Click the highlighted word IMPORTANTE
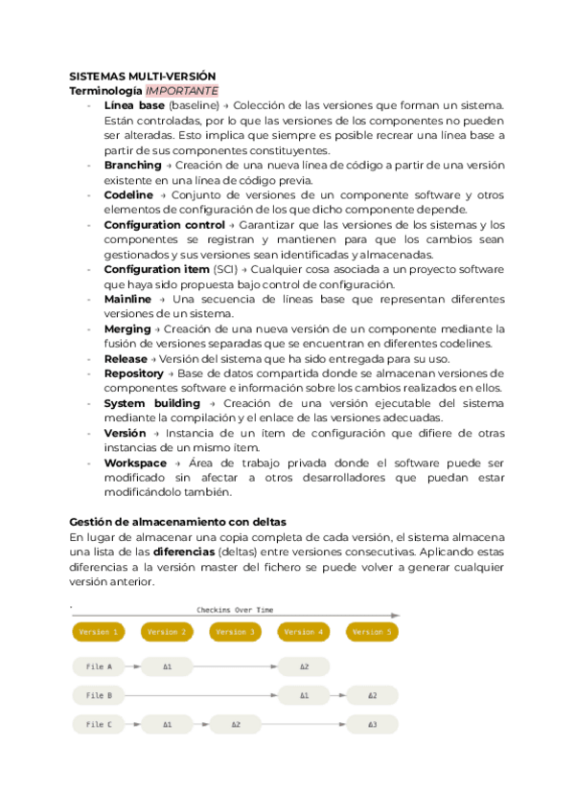tap(189, 90)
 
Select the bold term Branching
tap(132, 165)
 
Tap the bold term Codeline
tap(128, 194)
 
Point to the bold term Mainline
tap(127, 299)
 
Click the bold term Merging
tap(127, 328)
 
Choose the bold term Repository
tap(134, 372)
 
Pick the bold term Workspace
tap(135, 462)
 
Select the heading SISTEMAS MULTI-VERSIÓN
tap(143, 76)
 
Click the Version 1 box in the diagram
tap(100, 632)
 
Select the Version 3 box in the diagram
tap(236, 632)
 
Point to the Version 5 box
tap(372, 632)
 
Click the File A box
tap(100, 666)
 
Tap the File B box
tap(100, 695)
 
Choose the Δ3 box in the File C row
tap(372, 725)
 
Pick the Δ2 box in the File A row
tap(304, 666)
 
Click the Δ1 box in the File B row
tap(304, 695)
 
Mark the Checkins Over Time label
tap(235, 610)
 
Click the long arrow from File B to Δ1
tap(201, 695)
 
